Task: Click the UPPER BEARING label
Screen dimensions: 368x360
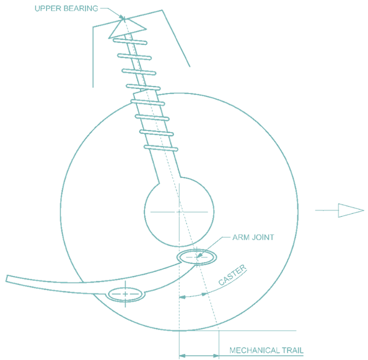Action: pyautogui.click(x=66, y=9)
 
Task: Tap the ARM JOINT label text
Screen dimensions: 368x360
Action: pyautogui.click(x=253, y=238)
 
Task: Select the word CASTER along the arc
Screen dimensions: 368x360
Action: pyautogui.click(x=233, y=275)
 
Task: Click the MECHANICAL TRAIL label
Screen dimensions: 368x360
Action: pyautogui.click(x=266, y=350)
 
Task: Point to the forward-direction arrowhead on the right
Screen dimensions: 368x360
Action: pyautogui.click(x=351, y=210)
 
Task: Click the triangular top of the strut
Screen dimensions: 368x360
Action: pyautogui.click(x=127, y=28)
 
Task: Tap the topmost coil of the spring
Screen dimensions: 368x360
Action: pyautogui.click(x=130, y=41)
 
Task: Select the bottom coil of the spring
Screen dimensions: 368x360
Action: pyautogui.click(x=161, y=148)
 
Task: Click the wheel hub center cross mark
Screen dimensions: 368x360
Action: pyautogui.click(x=179, y=212)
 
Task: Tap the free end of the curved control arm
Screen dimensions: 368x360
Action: pyautogui.click(x=7, y=279)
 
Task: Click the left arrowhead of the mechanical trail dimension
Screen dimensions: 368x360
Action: pyautogui.click(x=182, y=356)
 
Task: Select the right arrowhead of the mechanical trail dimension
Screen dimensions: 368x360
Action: pyautogui.click(x=216, y=356)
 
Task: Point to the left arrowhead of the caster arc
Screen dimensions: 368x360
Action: pyautogui.click(x=182, y=297)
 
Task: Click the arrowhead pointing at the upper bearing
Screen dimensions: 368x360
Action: pyautogui.click(x=122, y=17)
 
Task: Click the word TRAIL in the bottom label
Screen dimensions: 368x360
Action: pyautogui.click(x=293, y=350)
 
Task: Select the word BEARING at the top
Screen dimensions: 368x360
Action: pyautogui.click(x=81, y=9)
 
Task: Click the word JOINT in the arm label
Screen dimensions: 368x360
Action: pyautogui.click(x=263, y=238)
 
